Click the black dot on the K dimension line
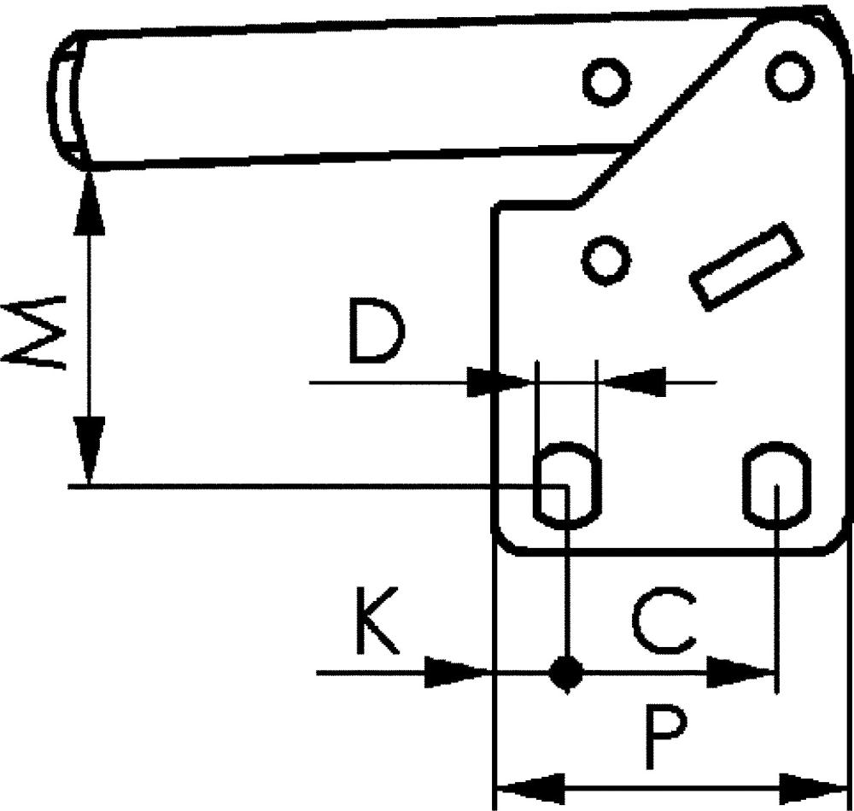click(x=564, y=673)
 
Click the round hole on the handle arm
click(x=606, y=82)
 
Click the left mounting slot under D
click(x=566, y=484)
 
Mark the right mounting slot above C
click(x=775, y=484)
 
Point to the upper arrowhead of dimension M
click(x=89, y=205)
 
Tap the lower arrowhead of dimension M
click(x=89, y=449)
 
